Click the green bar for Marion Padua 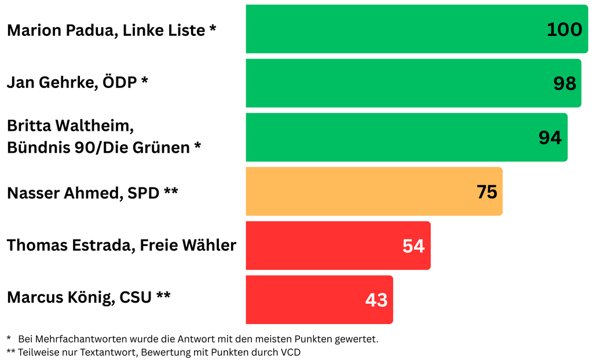click(394, 29)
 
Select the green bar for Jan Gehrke click(394, 83)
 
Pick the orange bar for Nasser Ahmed click(359, 191)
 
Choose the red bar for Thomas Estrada click(324, 245)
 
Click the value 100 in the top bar click(564, 30)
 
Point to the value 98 click(565, 83)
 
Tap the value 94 click(550, 138)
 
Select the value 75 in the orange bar click(487, 192)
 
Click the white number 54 click(413, 246)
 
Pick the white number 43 click(376, 300)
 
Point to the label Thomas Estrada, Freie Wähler click(122, 245)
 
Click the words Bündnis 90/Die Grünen click(98, 148)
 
